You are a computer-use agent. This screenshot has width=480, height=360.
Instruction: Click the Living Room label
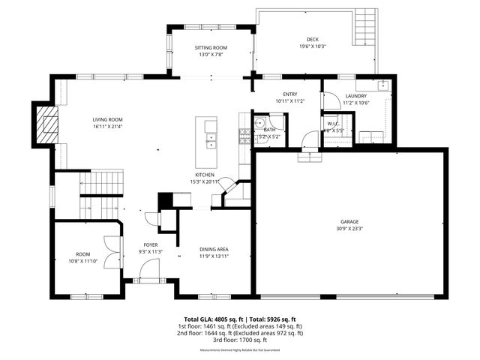107,119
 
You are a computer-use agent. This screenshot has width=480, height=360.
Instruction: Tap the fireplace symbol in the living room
47,124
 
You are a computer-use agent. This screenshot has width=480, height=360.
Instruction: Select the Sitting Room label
211,48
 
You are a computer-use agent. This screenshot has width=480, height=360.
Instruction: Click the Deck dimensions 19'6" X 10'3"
312,46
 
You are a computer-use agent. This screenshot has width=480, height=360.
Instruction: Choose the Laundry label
355,96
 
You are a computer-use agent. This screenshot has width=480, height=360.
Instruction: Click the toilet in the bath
259,124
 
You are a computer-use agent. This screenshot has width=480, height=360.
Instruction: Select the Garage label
349,221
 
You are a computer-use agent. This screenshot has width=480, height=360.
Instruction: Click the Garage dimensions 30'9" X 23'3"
349,229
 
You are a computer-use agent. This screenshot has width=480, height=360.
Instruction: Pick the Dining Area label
214,249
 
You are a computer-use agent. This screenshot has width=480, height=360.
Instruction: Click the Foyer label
151,244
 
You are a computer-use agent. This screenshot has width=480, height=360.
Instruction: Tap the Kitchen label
205,174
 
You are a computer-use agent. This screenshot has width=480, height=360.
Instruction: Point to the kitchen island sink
211,139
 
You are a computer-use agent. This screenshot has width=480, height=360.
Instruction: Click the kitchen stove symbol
244,136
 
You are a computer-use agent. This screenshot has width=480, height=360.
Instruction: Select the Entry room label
290,94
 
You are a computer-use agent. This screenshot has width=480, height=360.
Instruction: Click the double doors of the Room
113,251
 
